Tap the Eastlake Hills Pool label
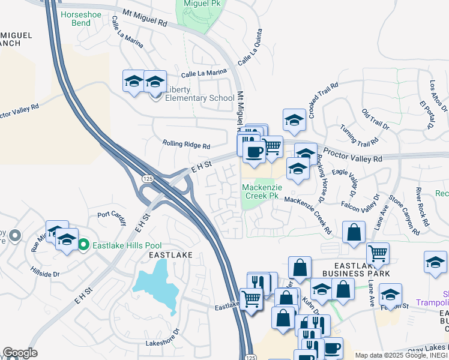coord(119,244)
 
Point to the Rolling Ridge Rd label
coord(186,145)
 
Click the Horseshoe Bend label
coord(76,18)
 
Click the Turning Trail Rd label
coord(358,136)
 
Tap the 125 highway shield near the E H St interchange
coord(146,179)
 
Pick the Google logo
coord(20,353)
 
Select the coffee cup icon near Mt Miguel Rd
coord(254,152)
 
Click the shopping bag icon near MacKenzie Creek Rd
coord(355,233)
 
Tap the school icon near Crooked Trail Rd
coord(295,120)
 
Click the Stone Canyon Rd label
coord(403,213)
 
